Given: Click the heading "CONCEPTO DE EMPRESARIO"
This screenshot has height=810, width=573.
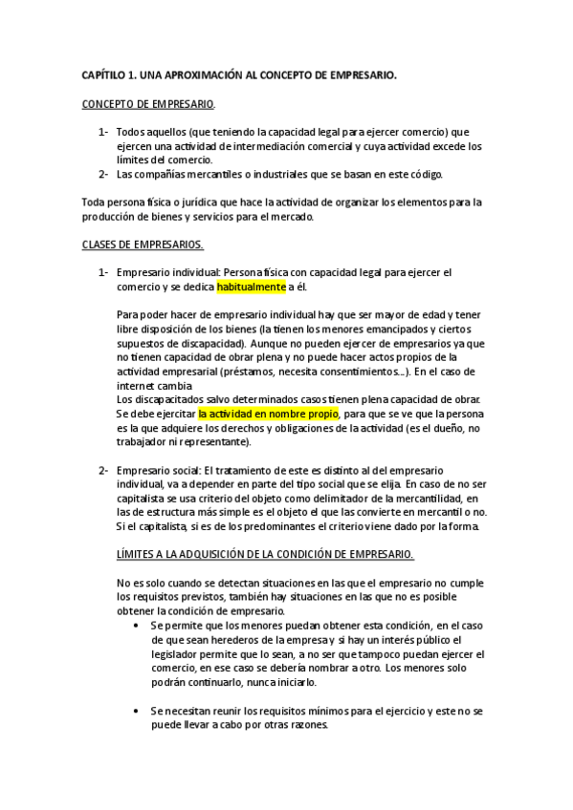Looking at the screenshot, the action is tap(148, 103).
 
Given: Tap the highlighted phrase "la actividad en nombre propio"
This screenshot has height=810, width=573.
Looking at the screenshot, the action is tap(268, 415).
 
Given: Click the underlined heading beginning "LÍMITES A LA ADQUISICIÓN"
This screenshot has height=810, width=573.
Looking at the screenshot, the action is tap(266, 553).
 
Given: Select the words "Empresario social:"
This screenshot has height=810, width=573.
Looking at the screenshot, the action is tap(158, 470).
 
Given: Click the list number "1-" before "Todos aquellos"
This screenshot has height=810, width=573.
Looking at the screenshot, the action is tap(103, 132).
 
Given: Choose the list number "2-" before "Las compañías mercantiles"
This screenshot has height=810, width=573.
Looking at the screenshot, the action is tap(103, 174).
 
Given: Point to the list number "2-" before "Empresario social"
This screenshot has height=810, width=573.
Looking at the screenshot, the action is tap(103, 470).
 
